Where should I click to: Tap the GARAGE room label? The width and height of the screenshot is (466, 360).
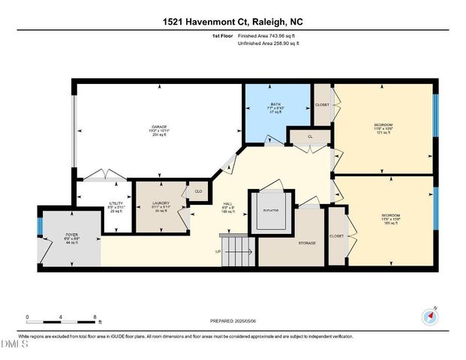coord(159,127)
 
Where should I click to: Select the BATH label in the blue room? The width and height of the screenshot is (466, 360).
coord(275,104)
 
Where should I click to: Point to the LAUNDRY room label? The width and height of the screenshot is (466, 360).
coord(161,203)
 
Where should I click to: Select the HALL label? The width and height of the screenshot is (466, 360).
coord(228,203)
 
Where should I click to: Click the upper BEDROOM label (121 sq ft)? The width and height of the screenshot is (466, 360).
coord(383,124)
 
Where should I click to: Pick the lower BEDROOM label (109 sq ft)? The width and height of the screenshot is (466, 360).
coord(389,215)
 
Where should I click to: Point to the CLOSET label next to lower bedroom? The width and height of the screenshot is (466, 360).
coord(336,236)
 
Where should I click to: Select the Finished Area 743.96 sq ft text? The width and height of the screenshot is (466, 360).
coord(268,36)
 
